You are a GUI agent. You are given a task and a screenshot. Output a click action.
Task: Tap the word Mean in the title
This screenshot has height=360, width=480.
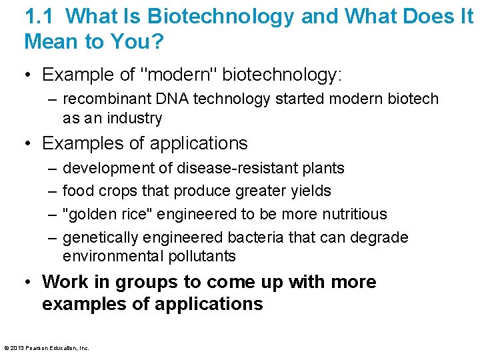[50, 41]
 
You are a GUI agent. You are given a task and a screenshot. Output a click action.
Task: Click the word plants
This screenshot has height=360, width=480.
[323, 168]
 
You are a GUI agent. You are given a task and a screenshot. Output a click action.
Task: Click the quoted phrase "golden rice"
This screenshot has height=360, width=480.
[99, 214]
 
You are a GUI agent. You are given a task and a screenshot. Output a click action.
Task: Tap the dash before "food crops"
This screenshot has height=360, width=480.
[52, 191]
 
